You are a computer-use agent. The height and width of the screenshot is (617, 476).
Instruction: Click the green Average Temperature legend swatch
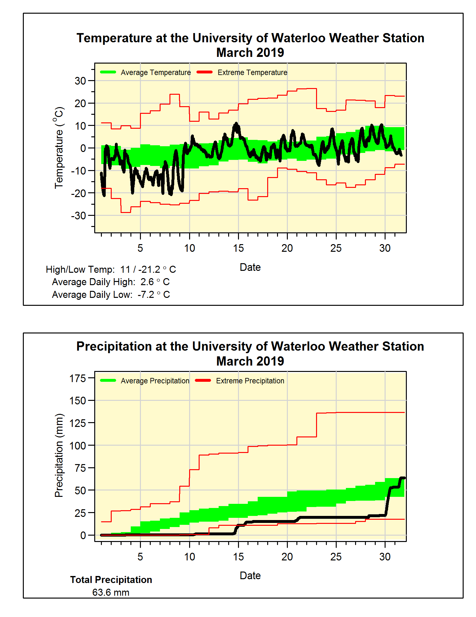click(x=108, y=72)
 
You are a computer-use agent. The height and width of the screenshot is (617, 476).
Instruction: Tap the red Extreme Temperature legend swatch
click(x=204, y=72)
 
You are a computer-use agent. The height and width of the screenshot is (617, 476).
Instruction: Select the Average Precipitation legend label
click(x=155, y=381)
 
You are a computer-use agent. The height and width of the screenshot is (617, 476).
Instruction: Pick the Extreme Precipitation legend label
click(x=250, y=381)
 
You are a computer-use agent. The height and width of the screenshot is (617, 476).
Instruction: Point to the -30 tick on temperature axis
click(x=78, y=216)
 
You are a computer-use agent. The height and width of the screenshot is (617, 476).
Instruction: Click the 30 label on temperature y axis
click(x=80, y=81)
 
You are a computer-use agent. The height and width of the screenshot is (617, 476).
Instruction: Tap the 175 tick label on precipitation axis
click(x=78, y=378)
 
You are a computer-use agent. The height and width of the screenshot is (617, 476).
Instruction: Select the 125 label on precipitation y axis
click(x=78, y=423)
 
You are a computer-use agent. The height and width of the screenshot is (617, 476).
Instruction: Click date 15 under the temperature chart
click(x=238, y=248)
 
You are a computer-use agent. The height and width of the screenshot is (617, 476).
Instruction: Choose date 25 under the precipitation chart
click(x=336, y=557)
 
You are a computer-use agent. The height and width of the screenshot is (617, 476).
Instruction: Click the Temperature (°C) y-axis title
click(x=59, y=148)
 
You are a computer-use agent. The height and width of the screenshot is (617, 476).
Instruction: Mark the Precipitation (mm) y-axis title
click(x=59, y=455)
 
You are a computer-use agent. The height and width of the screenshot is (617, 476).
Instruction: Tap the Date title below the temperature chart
click(x=250, y=267)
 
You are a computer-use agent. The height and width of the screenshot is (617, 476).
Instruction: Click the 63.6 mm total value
click(x=111, y=593)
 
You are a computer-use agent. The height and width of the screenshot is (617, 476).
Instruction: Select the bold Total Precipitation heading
click(x=111, y=580)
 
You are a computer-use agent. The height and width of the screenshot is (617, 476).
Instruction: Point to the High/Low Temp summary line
click(x=111, y=270)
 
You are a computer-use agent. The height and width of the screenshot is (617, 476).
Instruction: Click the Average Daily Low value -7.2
click(x=146, y=295)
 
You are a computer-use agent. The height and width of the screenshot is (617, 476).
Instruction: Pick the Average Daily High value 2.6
click(x=147, y=282)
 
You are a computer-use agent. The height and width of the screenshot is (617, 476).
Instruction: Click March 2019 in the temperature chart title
click(x=250, y=52)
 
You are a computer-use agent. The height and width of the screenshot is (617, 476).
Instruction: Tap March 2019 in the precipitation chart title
click(x=250, y=361)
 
